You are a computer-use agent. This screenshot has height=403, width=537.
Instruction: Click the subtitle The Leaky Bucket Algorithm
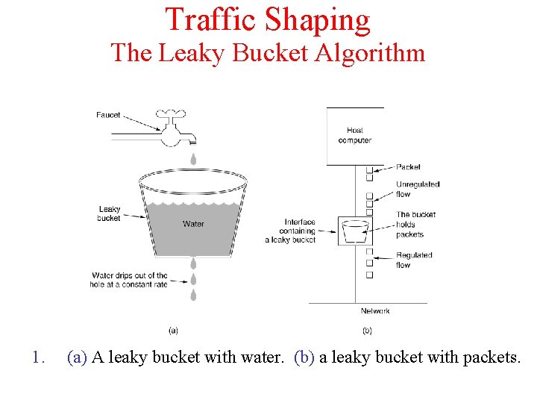point(268,53)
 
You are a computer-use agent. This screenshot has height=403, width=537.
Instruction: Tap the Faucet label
point(108,115)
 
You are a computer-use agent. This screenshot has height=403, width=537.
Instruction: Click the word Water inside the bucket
point(193,224)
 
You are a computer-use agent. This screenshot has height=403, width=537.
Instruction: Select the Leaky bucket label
point(109,213)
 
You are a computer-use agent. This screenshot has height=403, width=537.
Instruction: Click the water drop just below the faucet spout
point(193,159)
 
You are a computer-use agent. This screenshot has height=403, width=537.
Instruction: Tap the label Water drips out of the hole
point(129,280)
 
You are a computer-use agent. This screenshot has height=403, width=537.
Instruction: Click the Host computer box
point(354,135)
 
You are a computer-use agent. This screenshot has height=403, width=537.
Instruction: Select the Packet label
point(409,167)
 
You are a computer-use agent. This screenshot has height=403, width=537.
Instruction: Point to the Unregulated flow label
point(418,189)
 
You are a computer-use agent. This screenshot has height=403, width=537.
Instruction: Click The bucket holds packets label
point(415,224)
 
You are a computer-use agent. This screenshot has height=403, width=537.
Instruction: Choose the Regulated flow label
point(414,260)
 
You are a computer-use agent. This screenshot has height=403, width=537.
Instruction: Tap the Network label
point(375,310)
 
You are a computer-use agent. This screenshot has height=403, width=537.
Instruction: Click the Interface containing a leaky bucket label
point(291,231)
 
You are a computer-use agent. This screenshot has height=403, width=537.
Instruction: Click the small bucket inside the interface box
point(355,231)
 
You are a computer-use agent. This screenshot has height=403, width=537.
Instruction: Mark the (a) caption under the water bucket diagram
point(173,330)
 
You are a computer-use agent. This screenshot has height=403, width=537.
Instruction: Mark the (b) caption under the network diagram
point(367,330)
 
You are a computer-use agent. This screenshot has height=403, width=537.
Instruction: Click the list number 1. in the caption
point(40,357)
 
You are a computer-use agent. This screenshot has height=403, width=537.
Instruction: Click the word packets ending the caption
point(492,357)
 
